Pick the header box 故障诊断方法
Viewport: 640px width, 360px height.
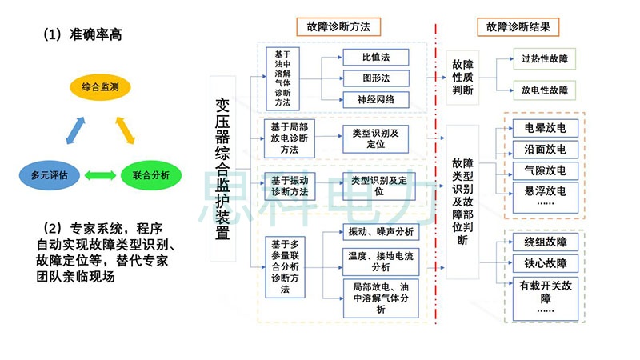338,26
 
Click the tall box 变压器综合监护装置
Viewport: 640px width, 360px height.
224,169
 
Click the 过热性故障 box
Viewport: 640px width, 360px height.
544,58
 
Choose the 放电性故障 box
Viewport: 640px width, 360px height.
544,90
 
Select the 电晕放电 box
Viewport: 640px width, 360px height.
545,128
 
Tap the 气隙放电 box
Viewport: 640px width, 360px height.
545,170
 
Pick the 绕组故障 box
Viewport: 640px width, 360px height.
545,242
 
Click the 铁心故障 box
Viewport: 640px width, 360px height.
545,263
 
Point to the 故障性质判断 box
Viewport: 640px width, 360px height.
462,77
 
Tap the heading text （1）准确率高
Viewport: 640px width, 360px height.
83,35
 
